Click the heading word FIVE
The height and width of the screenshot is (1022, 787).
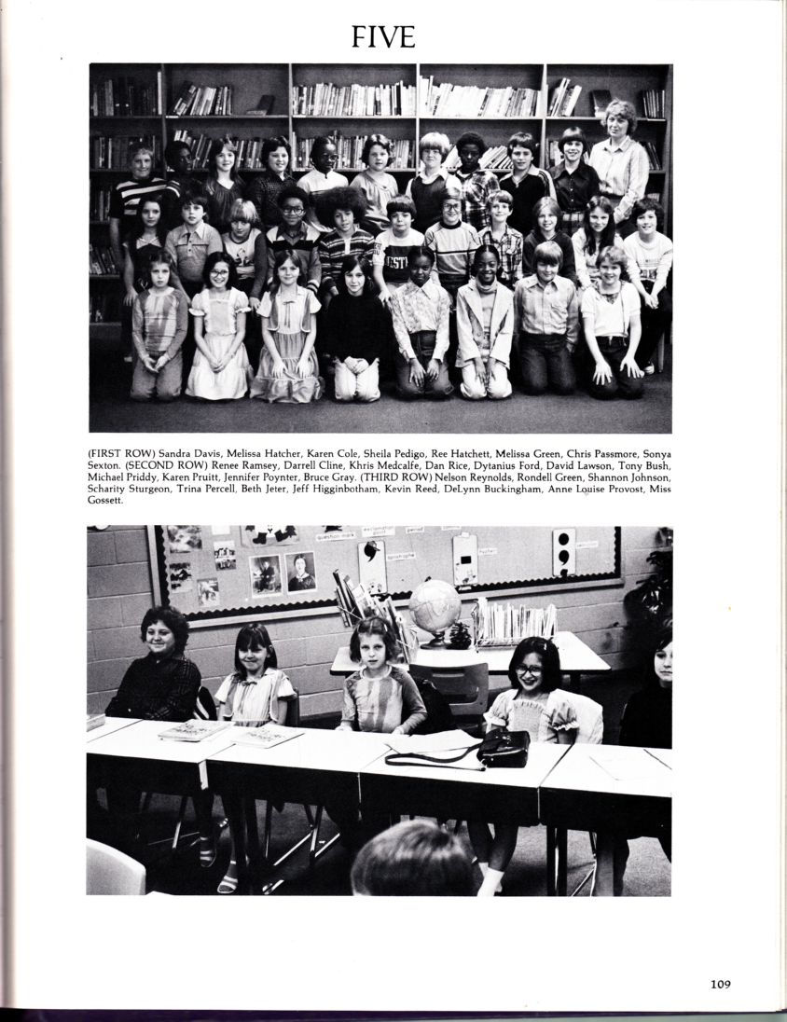point(382,35)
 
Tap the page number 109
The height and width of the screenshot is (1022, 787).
point(719,982)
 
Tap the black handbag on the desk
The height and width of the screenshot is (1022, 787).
point(504,747)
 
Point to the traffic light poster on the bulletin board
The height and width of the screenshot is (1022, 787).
point(563,551)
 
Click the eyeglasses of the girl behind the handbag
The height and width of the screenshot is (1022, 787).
point(529,669)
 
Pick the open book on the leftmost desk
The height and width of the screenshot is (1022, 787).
point(194,730)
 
